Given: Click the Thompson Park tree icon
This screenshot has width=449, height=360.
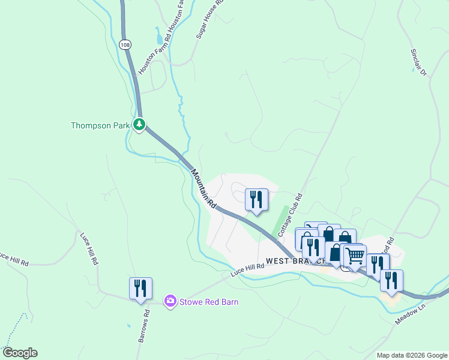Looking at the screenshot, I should coord(139,125).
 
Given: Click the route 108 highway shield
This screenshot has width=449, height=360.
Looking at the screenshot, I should coord(124,45).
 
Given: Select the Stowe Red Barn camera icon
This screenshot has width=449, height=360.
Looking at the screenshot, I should coord(170,301).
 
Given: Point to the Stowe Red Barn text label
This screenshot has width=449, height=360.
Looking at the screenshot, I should coord(209,302).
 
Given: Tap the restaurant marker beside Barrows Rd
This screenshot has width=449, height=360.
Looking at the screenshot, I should coord(140,287).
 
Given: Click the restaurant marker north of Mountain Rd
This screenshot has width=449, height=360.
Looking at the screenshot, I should coord(257,199).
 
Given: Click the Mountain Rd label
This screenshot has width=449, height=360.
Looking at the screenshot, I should coord(203,188).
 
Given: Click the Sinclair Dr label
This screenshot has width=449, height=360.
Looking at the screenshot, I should coord(418,62).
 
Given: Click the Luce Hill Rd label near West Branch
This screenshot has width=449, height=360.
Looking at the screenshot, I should coord(247,270).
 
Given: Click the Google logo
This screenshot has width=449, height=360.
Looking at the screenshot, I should coord(20,353).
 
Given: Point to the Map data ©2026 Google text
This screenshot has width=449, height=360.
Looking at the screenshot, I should coord(411,355).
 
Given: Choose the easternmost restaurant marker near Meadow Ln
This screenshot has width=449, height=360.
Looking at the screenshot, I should coord(391,280).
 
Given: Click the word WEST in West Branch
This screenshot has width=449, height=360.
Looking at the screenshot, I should coord(279,261).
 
